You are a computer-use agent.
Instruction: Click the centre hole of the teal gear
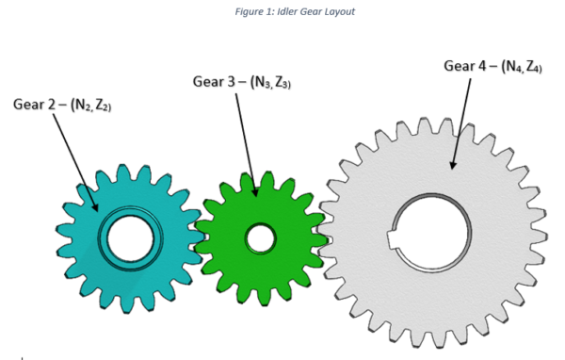pos(130,238)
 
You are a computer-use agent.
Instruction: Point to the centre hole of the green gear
pos(259,238)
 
